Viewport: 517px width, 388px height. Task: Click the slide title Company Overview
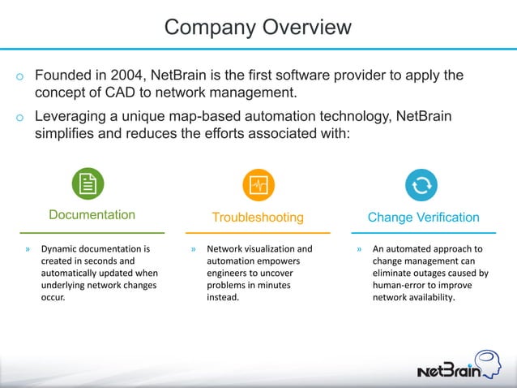coord(258,27)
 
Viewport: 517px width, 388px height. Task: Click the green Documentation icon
coord(88,184)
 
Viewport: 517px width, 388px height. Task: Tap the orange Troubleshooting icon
coord(258,185)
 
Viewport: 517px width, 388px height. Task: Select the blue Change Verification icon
coord(421,185)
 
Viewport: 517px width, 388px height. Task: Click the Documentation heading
coord(92,215)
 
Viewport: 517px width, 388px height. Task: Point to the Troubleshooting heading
coord(258,218)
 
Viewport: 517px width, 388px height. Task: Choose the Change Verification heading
coord(423,218)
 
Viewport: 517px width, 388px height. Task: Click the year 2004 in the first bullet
coord(129,75)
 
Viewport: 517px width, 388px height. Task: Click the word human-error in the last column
coord(398,285)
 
